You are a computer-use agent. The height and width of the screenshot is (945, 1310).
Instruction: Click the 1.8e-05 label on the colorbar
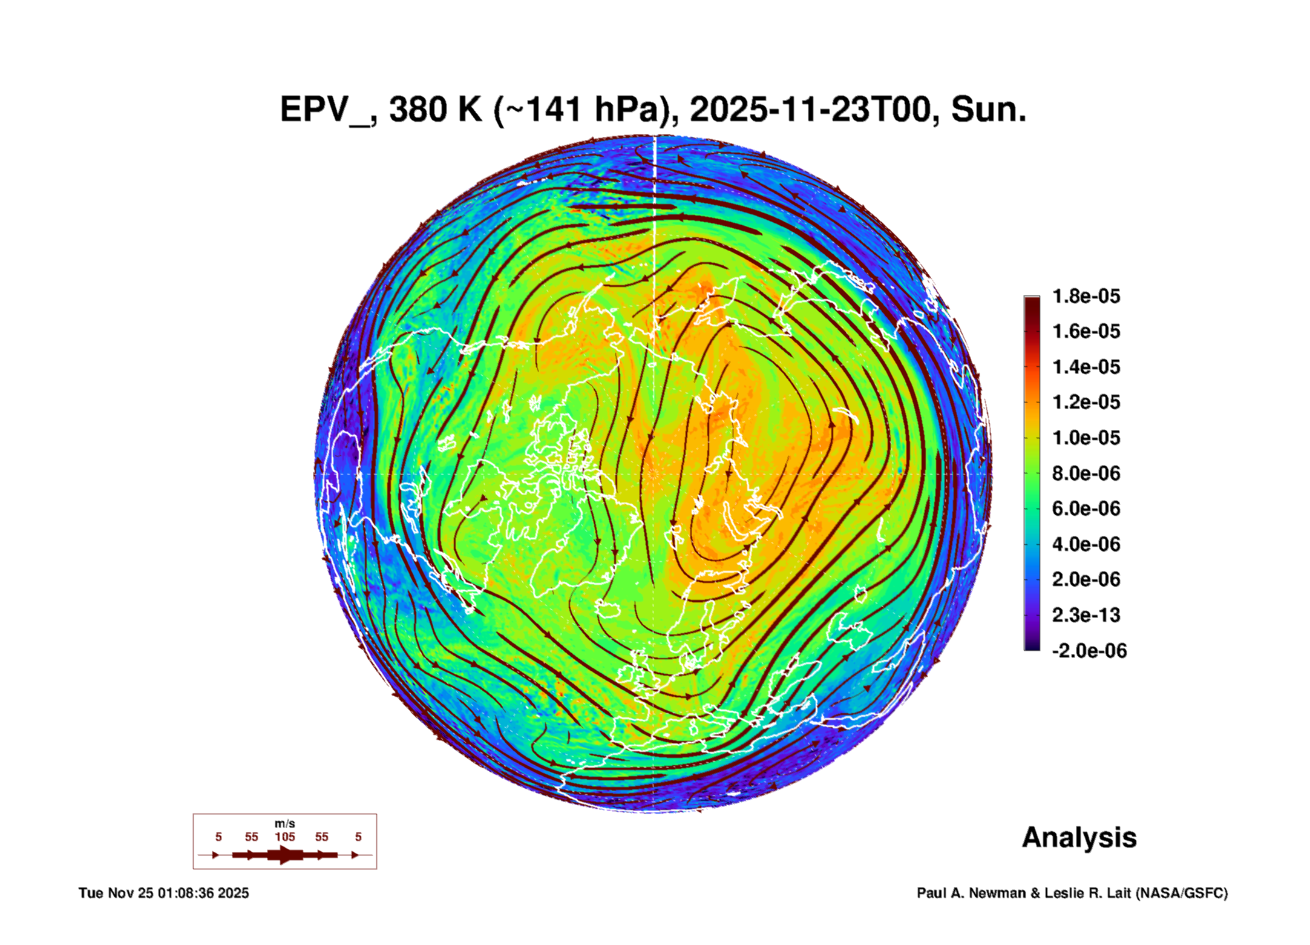1086,296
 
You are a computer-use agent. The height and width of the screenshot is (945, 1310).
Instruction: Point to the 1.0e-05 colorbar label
1086,438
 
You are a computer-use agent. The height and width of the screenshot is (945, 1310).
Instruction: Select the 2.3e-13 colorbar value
1086,615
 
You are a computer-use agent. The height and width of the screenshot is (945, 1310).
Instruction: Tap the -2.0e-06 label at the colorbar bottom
1089,651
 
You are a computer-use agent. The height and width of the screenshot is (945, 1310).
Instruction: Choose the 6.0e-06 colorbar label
1086,509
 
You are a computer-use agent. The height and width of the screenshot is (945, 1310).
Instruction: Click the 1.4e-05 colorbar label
1086,367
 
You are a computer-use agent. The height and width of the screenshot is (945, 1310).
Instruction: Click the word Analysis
1079,837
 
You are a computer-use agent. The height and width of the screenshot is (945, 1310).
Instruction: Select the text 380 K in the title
435,110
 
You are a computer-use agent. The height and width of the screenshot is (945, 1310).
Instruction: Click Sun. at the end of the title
988,110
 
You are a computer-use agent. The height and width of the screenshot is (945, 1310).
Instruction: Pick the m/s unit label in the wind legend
284,823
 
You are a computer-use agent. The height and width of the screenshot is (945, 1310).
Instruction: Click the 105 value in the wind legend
284,837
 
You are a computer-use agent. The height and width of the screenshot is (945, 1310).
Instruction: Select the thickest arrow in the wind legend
285,855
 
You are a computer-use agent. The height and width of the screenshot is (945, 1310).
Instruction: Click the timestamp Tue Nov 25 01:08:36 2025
163,893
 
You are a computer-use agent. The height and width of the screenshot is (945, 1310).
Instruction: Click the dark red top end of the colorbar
1032,303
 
